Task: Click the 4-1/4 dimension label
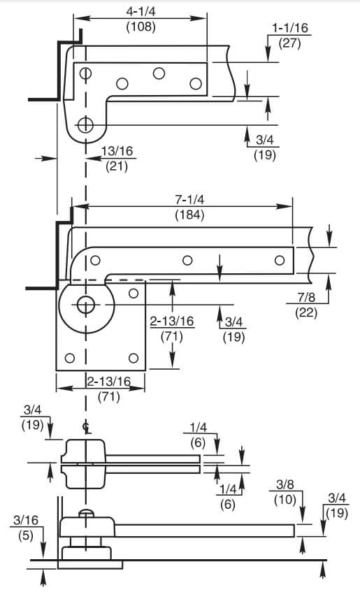tap(141, 12)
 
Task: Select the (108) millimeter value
tap(141, 27)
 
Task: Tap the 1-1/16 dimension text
tap(290, 28)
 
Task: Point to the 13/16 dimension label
tap(117, 151)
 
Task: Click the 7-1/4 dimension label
tap(189, 200)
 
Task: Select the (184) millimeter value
tap(189, 215)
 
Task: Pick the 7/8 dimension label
tap(306, 297)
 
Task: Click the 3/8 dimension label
tap(285, 484)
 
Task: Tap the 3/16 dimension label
tap(26, 520)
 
